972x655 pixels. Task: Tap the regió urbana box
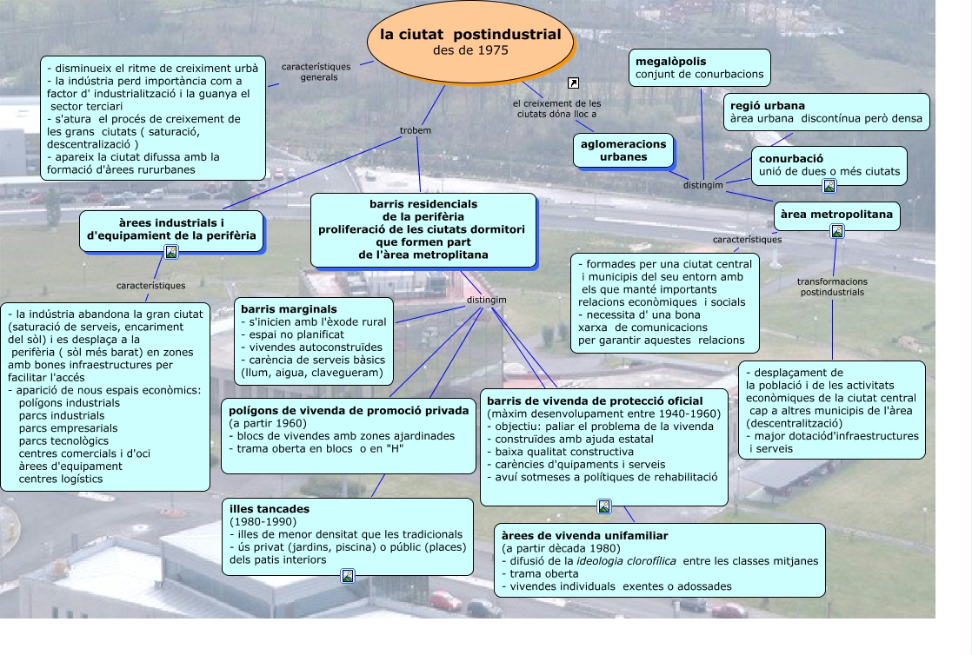pos(827,111)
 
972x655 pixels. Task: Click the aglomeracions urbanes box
pos(623,150)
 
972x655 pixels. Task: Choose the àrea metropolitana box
pos(836,214)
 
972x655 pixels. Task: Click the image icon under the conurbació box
pos(829,185)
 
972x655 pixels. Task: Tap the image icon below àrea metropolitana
pos(836,231)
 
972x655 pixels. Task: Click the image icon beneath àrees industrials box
pos(171,252)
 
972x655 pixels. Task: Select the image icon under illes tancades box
pos(348,575)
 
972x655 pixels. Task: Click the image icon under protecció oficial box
pos(604,506)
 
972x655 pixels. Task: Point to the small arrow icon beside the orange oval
pos(573,83)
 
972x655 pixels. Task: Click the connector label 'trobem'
pos(416,130)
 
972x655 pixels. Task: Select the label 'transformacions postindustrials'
pos(832,287)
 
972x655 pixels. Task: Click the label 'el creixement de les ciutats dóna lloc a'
pos(557,109)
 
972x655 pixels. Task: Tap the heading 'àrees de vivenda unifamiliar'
pos(584,536)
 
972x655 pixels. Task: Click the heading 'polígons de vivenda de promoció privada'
pos(349,410)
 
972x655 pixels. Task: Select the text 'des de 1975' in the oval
pos(470,50)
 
